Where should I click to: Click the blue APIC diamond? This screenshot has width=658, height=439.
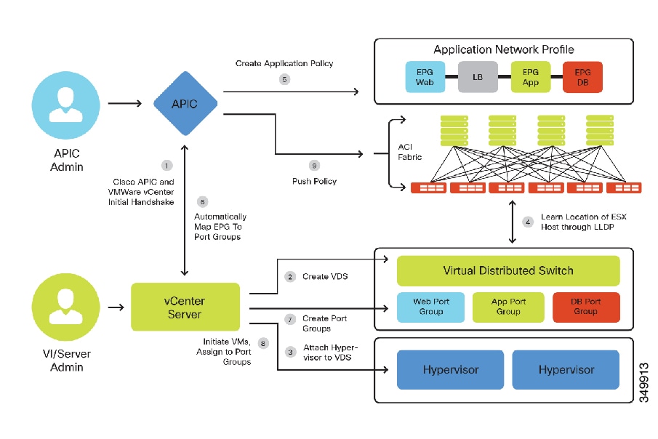[185, 104]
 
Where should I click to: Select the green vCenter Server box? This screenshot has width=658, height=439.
[185, 306]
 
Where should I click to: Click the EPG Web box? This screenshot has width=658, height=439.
[424, 77]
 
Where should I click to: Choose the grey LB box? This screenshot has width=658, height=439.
[477, 77]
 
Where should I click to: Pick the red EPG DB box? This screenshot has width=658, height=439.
[582, 77]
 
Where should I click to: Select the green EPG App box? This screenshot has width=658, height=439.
[529, 77]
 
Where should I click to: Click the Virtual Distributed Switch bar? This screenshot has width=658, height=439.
[508, 270]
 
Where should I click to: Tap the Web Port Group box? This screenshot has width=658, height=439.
[430, 307]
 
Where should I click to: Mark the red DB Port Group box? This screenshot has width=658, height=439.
[586, 307]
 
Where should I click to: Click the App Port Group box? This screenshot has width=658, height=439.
[508, 307]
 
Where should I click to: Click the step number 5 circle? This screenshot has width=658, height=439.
[284, 79]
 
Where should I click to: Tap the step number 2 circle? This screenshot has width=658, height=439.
[290, 277]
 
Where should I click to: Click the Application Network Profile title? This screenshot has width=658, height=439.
[503, 50]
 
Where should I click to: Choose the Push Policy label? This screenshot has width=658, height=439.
[314, 182]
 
